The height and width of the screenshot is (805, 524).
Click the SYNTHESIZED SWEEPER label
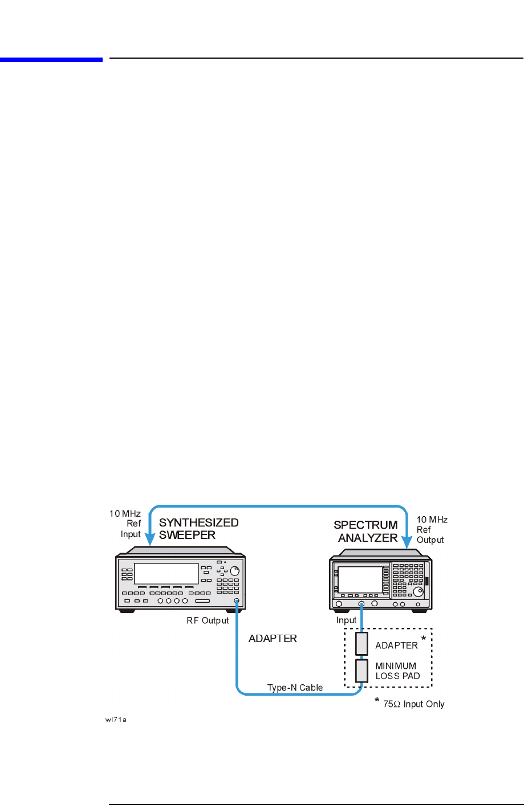[x=198, y=529]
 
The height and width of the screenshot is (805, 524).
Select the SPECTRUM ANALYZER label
[x=366, y=531]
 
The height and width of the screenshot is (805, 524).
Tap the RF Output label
[x=208, y=620]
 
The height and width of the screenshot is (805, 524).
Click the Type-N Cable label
[x=295, y=688]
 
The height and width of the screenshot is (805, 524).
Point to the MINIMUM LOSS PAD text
[x=397, y=671]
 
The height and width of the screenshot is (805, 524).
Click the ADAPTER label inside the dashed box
[x=396, y=645]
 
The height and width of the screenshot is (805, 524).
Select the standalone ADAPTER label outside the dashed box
[x=273, y=639]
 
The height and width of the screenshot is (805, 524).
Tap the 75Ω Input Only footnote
[x=413, y=704]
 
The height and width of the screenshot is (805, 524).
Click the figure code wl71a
[x=115, y=720]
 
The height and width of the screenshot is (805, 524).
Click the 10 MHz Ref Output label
[x=432, y=530]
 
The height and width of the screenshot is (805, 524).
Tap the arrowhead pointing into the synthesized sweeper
[x=149, y=538]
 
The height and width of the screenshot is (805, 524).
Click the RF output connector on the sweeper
[x=236, y=602]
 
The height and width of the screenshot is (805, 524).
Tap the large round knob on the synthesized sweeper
[x=234, y=571]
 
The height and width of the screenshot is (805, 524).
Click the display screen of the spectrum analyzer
[x=360, y=579]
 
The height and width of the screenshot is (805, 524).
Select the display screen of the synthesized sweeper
[x=166, y=574]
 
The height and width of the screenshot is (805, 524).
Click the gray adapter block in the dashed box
[x=361, y=643]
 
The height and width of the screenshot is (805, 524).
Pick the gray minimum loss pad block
[x=361, y=671]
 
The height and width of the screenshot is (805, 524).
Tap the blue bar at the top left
[x=51, y=59]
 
